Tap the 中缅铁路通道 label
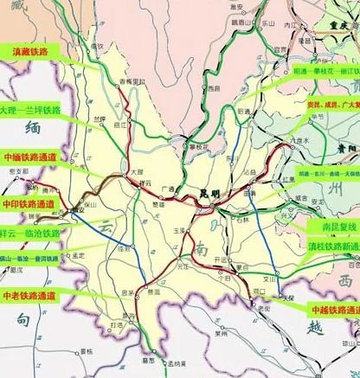(29, 158)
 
